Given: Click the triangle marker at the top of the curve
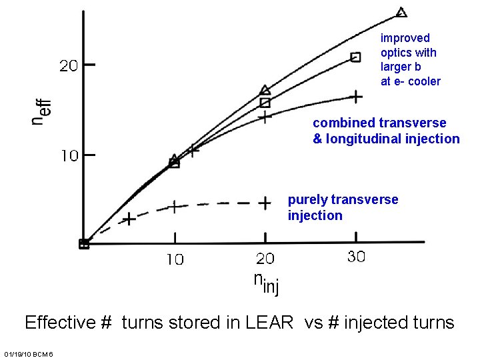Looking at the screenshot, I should [x=401, y=12].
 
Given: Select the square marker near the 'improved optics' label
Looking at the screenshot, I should [x=356, y=57].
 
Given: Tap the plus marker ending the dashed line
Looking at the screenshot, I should [x=265, y=203].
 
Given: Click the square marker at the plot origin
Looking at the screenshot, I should [x=84, y=244].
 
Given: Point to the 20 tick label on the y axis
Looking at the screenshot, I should [x=69, y=66].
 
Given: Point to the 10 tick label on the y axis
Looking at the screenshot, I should [x=69, y=156].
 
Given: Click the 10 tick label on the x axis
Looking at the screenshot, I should [x=175, y=260].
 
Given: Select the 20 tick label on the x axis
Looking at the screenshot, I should [x=265, y=259].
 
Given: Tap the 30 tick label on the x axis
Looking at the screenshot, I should [x=356, y=257].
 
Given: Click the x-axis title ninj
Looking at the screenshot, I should [x=266, y=283].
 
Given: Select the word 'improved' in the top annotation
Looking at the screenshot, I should [x=405, y=39].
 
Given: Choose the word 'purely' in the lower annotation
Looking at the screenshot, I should [x=307, y=199].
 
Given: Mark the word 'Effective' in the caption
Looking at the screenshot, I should [x=61, y=323].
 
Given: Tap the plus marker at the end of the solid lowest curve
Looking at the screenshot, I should [x=356, y=97].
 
